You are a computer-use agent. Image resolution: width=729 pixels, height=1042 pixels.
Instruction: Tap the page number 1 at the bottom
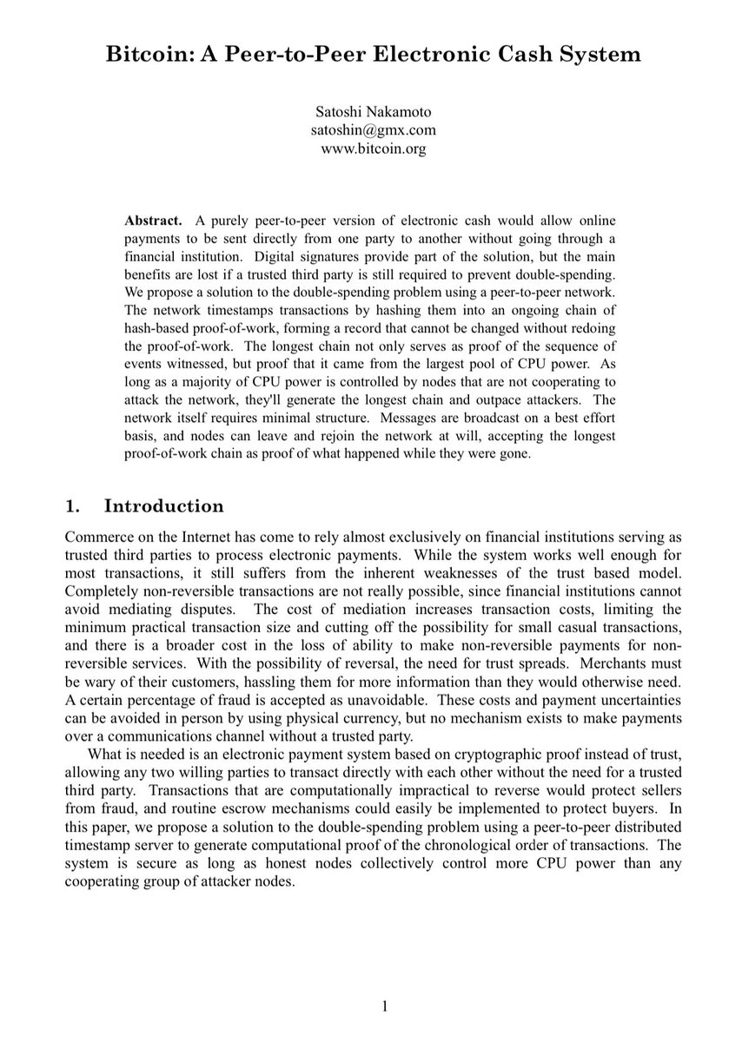(384, 1006)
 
